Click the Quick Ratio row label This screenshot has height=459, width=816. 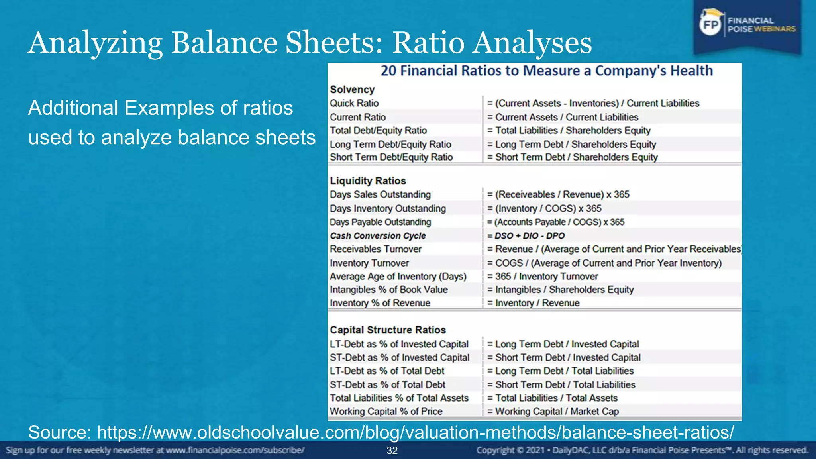pos(354,103)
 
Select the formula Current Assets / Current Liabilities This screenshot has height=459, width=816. pos(563,117)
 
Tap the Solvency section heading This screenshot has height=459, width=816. pos(352,90)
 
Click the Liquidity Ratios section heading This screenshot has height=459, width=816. pos(368,181)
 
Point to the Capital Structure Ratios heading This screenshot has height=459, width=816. pos(388,330)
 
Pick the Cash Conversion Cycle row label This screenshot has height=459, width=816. pos(378,236)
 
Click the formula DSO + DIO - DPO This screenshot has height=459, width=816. pos(526,236)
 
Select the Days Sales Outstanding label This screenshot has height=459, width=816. pos(380,194)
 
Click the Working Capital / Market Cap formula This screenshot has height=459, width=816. pos(553,411)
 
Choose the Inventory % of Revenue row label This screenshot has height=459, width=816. pos(380,303)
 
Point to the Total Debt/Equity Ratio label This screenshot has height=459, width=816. pos(378,131)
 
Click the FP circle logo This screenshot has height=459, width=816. pos(710,25)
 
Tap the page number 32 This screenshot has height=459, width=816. pos(392,451)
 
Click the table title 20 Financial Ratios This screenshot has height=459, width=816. pos(547,71)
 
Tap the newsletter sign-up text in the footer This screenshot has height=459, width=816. pos(155,451)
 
